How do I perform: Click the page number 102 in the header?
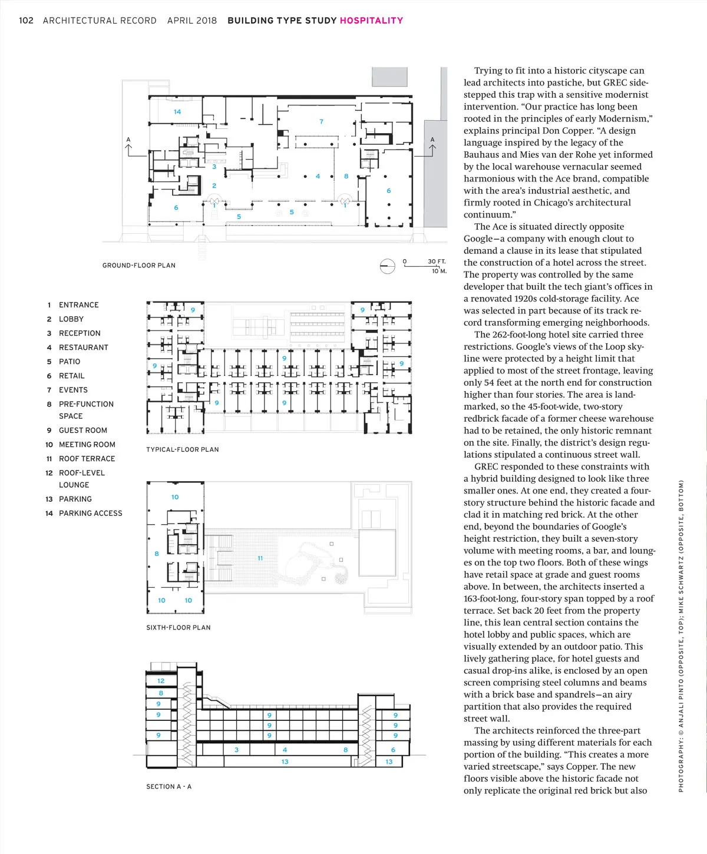click(27, 21)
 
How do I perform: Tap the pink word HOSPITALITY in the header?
click(371, 21)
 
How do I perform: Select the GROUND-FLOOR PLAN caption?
click(139, 266)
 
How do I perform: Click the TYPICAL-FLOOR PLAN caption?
click(183, 450)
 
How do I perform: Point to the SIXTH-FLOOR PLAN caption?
click(179, 628)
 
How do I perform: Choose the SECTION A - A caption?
click(169, 787)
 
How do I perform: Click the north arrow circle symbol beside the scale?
click(387, 266)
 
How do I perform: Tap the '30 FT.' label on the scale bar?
click(437, 262)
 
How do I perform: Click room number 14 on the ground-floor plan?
click(177, 112)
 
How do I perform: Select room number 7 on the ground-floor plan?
click(322, 122)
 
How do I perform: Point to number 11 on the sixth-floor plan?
click(260, 558)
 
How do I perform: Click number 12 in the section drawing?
click(161, 681)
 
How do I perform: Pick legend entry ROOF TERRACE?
click(87, 459)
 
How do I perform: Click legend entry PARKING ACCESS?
click(91, 514)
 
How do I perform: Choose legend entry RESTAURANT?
click(84, 347)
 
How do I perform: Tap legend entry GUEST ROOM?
click(83, 431)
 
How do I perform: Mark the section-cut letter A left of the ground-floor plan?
click(128, 140)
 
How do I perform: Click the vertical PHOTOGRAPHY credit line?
click(681, 636)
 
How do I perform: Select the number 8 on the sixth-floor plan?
click(157, 554)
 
